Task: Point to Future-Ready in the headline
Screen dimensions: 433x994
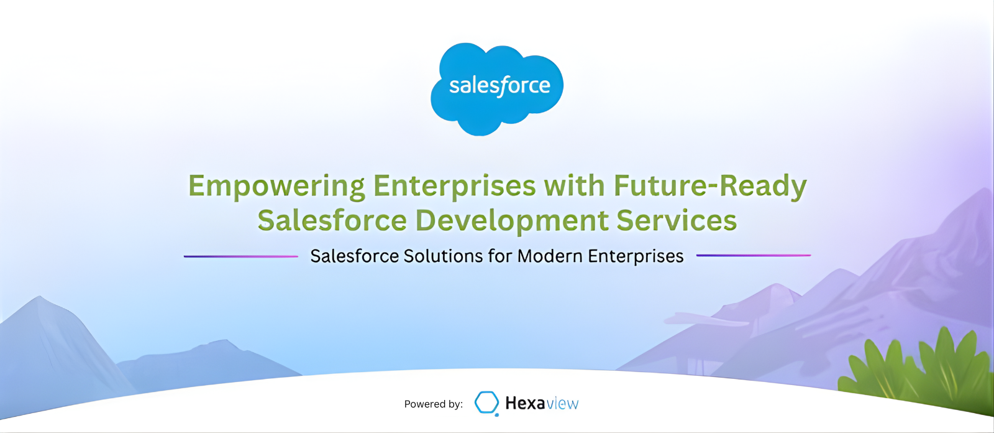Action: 710,187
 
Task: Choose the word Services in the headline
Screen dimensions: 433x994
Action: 677,221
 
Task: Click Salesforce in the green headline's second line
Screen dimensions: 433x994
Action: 332,221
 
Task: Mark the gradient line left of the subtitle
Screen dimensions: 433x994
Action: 241,256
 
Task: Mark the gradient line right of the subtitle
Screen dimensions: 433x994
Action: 753,255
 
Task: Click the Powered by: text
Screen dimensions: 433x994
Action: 433,404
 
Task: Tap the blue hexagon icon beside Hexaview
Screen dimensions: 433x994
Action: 486,403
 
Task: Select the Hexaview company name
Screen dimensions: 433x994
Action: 541,403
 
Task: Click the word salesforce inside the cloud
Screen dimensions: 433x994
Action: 499,86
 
